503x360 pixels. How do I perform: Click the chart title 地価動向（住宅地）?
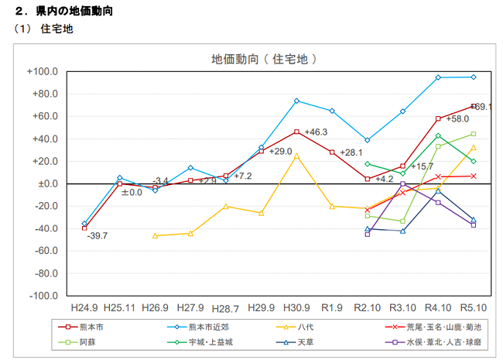pyautogui.click(x=265, y=59)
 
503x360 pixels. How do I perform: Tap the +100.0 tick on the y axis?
pyautogui.click(x=43, y=72)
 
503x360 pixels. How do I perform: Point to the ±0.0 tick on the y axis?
pyautogui.click(x=46, y=184)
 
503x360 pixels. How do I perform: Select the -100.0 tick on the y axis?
pyautogui.click(x=43, y=297)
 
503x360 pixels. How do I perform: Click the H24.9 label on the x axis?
pyautogui.click(x=84, y=307)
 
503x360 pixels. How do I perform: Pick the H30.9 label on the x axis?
pyautogui.click(x=296, y=307)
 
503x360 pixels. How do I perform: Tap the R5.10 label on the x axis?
pyautogui.click(x=473, y=307)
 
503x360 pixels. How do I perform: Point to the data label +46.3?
pyautogui.click(x=316, y=132)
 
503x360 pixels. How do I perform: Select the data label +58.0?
pyautogui.click(x=458, y=119)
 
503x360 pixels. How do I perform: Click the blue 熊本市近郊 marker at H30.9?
pyautogui.click(x=296, y=101)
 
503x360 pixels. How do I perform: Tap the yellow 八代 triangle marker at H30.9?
pyautogui.click(x=296, y=156)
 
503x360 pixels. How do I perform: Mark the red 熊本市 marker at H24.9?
pyautogui.click(x=84, y=228)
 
